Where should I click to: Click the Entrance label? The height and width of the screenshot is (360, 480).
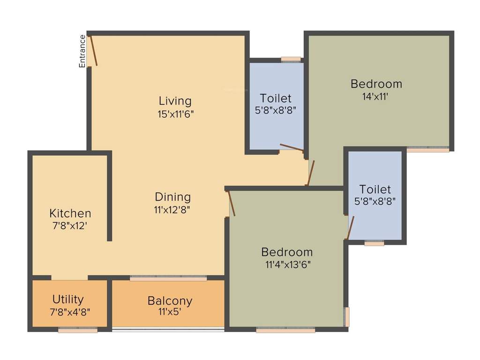click(x=82, y=51)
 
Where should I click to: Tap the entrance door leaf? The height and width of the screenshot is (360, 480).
click(x=94, y=51)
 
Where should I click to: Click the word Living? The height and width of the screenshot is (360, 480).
click(x=175, y=101)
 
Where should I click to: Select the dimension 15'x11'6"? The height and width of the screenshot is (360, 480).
click(x=176, y=113)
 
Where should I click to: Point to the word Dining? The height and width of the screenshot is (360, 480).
click(x=173, y=197)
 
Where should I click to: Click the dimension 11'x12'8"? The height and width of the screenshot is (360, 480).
click(x=172, y=210)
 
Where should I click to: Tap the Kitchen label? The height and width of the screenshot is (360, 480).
click(x=70, y=213)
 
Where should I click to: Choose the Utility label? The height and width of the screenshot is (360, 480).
click(x=68, y=299)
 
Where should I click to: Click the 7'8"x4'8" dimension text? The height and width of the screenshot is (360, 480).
click(x=69, y=310)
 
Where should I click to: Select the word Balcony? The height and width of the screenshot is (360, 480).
click(x=170, y=300)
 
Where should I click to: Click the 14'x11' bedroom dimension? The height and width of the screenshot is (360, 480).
click(x=376, y=97)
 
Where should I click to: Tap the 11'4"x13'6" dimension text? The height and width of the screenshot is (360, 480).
click(x=287, y=264)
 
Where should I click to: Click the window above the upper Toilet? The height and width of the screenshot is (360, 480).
click(x=291, y=60)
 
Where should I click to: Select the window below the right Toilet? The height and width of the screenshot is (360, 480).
click(x=374, y=243)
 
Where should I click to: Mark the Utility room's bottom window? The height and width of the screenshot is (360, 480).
click(x=78, y=330)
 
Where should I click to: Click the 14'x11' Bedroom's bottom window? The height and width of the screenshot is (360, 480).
click(x=427, y=150)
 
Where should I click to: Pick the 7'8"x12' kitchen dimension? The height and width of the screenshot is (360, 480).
click(x=70, y=225)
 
